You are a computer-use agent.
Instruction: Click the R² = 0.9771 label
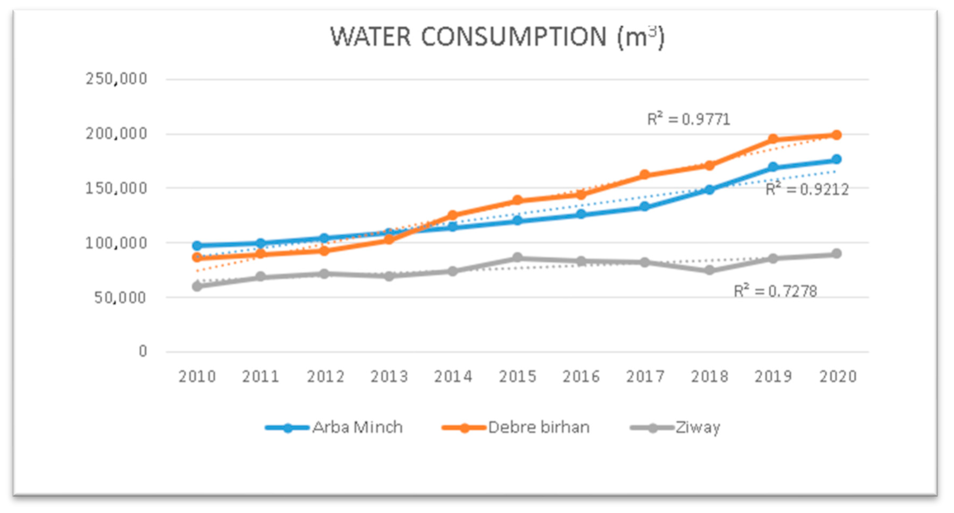click(688, 119)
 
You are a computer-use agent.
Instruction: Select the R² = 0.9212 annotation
click(807, 189)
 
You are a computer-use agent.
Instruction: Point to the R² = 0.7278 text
click(775, 291)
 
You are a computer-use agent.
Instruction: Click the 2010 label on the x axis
click(197, 377)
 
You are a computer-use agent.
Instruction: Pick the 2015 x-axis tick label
click(517, 377)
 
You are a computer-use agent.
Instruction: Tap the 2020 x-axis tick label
click(838, 377)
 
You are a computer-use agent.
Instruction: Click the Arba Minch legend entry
click(334, 428)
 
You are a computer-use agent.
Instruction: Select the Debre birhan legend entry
click(516, 428)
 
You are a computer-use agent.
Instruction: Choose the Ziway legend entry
click(675, 428)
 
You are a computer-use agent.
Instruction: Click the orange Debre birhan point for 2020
click(836, 135)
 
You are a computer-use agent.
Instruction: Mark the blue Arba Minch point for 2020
click(836, 159)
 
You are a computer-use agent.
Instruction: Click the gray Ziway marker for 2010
click(197, 286)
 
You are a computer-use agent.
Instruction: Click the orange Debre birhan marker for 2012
click(324, 251)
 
